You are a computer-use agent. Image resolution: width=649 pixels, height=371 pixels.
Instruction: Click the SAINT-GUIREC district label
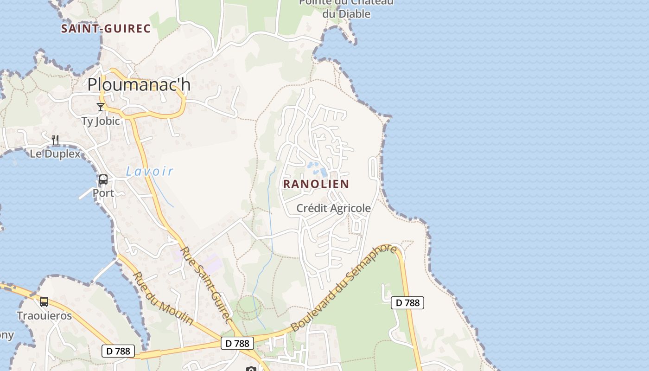[x=106, y=29]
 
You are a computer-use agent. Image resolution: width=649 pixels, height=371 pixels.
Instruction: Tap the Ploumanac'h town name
[x=139, y=84]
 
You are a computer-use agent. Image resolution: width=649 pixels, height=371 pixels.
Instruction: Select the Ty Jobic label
[x=101, y=121]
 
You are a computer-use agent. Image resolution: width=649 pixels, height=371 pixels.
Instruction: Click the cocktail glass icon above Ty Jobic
[x=101, y=107]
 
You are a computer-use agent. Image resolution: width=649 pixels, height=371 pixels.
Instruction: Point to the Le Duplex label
[x=55, y=154]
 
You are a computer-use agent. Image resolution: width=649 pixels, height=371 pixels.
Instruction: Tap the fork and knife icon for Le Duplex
[x=55, y=140]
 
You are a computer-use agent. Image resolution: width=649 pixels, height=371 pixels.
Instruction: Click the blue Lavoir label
[x=150, y=172]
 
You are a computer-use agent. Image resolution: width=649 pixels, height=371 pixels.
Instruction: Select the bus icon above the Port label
[x=103, y=179]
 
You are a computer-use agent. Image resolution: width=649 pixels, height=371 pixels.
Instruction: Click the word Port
[x=103, y=192]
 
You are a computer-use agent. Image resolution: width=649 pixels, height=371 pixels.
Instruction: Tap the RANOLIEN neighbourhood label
[x=316, y=184]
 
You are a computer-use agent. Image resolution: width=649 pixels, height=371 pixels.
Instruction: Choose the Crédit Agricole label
[x=334, y=208]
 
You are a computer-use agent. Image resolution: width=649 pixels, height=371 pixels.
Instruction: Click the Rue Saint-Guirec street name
[x=206, y=285]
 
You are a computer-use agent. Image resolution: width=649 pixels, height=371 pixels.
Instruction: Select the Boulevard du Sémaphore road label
[x=344, y=288]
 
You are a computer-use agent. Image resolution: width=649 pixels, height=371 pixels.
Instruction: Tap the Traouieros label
[x=45, y=316]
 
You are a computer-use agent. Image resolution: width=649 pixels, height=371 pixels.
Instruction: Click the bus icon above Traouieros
[x=44, y=302]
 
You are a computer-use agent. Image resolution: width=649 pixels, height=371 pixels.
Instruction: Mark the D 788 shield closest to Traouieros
[x=118, y=351]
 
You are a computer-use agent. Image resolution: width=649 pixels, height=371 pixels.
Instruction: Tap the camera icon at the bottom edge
[x=251, y=369]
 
